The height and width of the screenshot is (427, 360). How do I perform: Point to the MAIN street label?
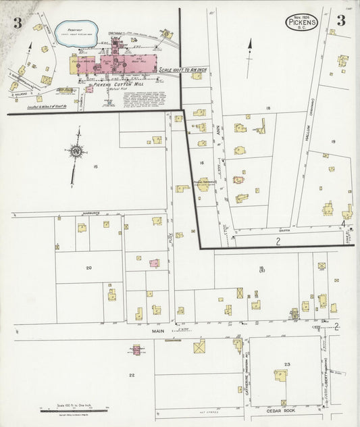click(x=158, y=331)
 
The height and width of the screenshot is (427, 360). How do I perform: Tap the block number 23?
click(x=287, y=365)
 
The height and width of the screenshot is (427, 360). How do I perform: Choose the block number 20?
click(x=88, y=268)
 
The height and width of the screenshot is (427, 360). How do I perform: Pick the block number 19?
click(x=334, y=141)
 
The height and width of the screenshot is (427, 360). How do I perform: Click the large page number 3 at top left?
click(x=16, y=22)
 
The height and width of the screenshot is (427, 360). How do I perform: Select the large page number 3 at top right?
click(x=342, y=20)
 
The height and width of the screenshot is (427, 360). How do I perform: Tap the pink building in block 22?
click(x=136, y=350)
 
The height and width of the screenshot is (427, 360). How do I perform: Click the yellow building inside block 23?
click(x=279, y=376)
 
